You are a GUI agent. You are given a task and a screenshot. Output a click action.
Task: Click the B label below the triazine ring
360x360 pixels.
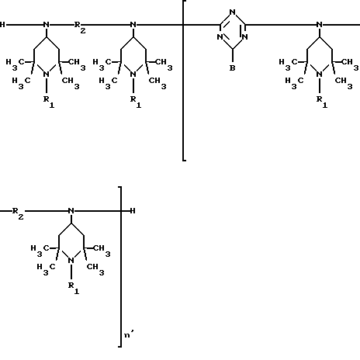pyautogui.click(x=233, y=68)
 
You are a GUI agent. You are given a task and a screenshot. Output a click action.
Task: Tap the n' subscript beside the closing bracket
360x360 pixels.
pyautogui.click(x=129, y=334)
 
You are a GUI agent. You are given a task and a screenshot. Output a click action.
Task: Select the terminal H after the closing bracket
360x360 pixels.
pyautogui.click(x=133, y=211)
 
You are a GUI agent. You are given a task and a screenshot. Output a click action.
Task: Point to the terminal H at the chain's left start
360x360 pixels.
pyautogui.click(x=2, y=25)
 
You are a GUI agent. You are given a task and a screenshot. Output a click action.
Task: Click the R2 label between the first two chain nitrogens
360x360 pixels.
pyautogui.click(x=80, y=27)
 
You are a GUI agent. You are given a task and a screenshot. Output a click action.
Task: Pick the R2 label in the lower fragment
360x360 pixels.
pyautogui.click(x=18, y=213)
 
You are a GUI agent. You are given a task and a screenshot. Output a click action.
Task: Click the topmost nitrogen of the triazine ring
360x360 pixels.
pyautogui.click(x=233, y=12)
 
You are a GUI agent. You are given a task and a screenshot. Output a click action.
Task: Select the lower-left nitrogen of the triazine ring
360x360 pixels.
pyautogui.click(x=220, y=37)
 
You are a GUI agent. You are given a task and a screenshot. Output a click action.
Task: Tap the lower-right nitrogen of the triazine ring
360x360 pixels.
pyautogui.click(x=245, y=37)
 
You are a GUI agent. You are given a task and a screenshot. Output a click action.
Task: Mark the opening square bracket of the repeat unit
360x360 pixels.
pyautogui.click(x=183, y=81)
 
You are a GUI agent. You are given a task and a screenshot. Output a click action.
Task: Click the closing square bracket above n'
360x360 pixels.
pyautogui.click(x=120, y=266)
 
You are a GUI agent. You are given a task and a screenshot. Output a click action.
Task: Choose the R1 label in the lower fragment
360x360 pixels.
pyautogui.click(x=74, y=288)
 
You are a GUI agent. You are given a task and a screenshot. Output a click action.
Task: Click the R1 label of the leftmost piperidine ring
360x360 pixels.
pyautogui.click(x=49, y=102)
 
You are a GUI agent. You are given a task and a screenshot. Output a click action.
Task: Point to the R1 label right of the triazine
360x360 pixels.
pyautogui.click(x=322, y=102)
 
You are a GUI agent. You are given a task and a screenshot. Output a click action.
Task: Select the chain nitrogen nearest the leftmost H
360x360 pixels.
pyautogui.click(x=47, y=25)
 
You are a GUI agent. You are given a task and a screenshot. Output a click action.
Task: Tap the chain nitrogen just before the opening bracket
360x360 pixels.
pyautogui.click(x=133, y=25)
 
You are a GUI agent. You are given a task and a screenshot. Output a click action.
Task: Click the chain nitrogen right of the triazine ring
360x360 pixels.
pyautogui.click(x=320, y=25)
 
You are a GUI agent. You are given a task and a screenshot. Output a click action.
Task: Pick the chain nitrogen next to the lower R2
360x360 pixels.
pyautogui.click(x=71, y=211)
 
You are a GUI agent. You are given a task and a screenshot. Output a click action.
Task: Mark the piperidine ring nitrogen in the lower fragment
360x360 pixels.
pyautogui.click(x=71, y=261)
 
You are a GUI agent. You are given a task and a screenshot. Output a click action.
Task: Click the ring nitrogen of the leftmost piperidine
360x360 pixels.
pyautogui.click(x=47, y=74)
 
